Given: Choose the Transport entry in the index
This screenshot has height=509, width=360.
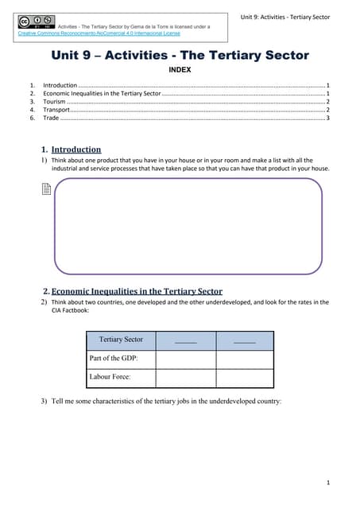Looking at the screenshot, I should pos(56,110).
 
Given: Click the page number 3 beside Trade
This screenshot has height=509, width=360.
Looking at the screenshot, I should pos(327,118).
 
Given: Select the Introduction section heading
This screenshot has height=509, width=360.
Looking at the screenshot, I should pos(75,150).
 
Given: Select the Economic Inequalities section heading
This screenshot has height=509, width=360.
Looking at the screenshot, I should pos(137,291).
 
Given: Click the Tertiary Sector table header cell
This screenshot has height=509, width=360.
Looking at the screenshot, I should pos(121,340).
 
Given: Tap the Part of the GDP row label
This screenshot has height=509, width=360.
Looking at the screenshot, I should pos(108,359).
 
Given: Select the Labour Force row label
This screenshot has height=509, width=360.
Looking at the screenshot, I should pos(110,378).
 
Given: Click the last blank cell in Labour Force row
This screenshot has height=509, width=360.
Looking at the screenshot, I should pos(245,378).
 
